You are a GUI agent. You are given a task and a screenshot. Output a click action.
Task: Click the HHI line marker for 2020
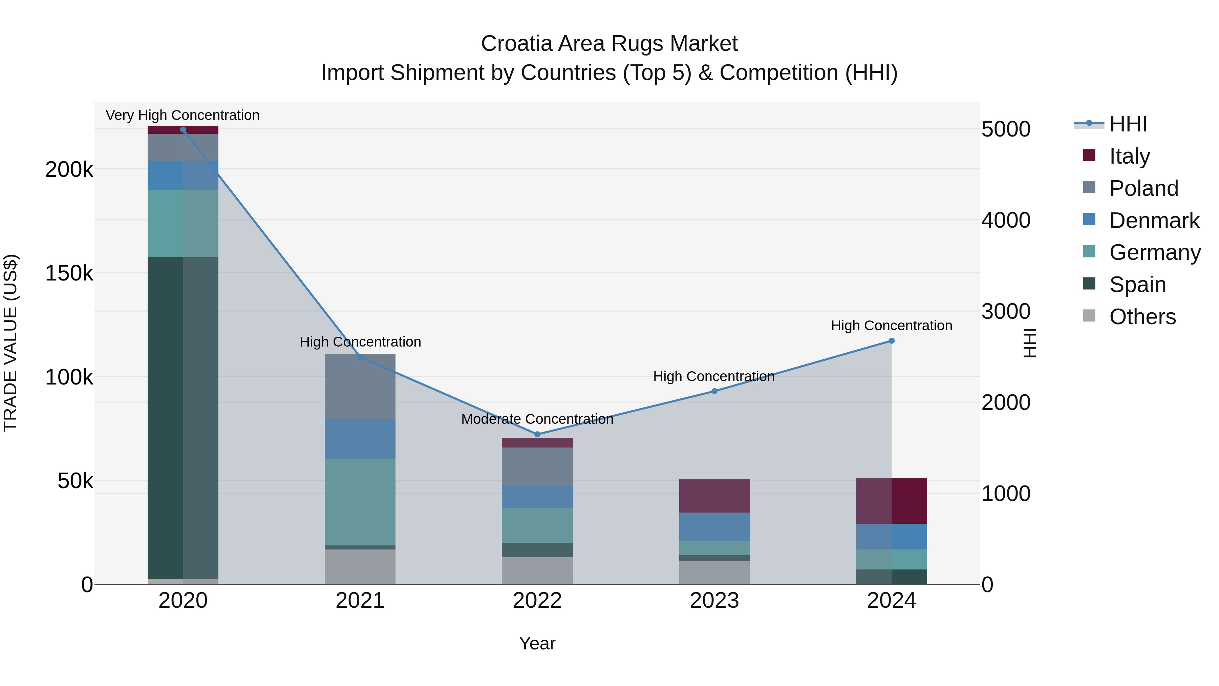click(x=183, y=130)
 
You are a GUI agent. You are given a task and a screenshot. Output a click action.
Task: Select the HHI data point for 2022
click(x=537, y=434)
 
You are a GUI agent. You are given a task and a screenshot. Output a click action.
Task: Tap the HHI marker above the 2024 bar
click(x=892, y=341)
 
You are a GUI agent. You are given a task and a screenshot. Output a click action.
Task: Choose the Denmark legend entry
click(x=1154, y=221)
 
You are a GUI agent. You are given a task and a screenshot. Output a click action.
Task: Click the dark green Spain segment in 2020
click(x=166, y=417)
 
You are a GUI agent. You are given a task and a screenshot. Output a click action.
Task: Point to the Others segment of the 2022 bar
click(x=537, y=570)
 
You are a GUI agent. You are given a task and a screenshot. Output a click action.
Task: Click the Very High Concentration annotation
click(x=183, y=115)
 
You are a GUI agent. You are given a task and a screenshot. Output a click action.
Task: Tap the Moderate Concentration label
click(x=537, y=419)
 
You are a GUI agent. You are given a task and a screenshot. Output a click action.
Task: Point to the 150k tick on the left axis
click(x=69, y=273)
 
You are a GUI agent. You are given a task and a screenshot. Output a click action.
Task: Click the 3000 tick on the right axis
click(x=1006, y=312)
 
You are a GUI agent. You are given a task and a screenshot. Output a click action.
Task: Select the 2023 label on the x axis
click(x=714, y=601)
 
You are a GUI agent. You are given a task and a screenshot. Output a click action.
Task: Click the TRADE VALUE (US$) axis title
click(x=10, y=343)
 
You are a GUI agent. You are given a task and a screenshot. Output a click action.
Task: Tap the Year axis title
click(x=537, y=643)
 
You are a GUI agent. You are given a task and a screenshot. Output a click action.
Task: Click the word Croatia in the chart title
click(x=515, y=44)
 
